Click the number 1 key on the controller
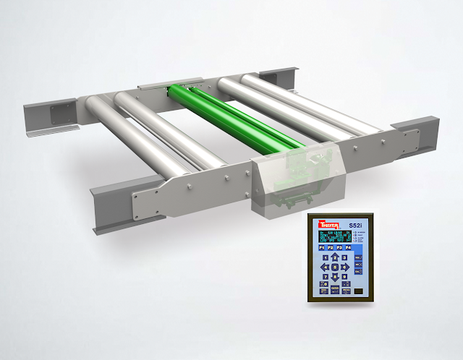click(324, 258)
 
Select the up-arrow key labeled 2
click(334, 258)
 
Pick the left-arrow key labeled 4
click(324, 267)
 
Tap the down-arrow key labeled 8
click(334, 276)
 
